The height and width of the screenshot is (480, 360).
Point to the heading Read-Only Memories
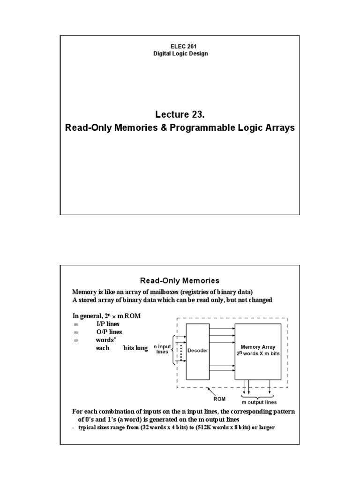pos(180,281)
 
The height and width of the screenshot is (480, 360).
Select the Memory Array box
pos(258,350)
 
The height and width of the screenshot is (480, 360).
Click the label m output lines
pos(259,402)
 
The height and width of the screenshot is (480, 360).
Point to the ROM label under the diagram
pos(220,399)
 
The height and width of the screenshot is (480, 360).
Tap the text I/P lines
pos(109,324)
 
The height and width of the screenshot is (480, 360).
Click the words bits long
pos(135,348)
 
